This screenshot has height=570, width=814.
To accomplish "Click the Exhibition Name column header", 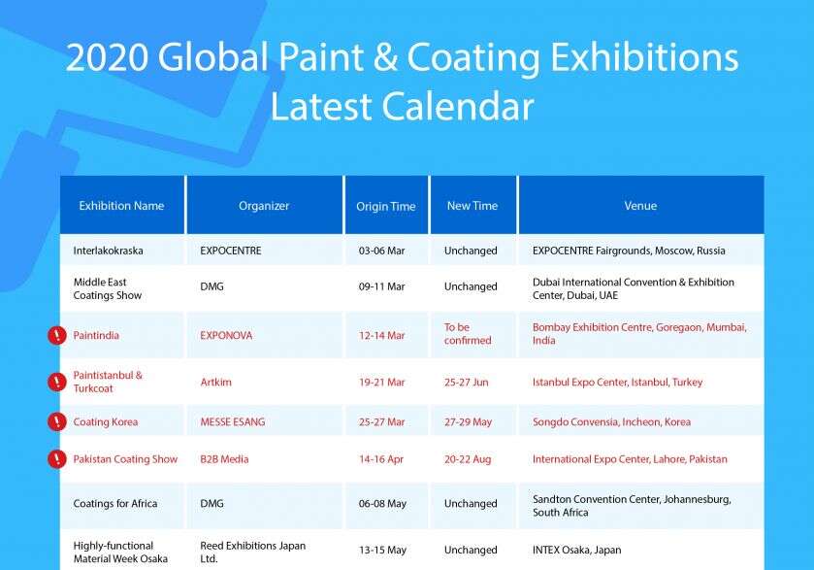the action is point(121,206).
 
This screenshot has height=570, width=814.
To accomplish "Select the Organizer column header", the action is point(264,206).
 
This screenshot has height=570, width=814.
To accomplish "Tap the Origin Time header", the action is point(386,206).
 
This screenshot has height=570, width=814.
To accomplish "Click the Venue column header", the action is point(640,206).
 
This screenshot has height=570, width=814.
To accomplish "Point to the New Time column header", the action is point(472,206).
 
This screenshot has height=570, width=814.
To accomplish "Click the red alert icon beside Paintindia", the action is point(57,335).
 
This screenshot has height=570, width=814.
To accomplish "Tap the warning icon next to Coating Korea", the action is point(57,421).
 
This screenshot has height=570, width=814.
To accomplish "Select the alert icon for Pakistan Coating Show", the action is point(57,458).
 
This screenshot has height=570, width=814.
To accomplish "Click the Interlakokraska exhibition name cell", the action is point(108,251).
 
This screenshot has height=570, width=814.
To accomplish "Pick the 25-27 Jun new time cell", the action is point(466,383).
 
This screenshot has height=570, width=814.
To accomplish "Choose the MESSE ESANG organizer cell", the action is point(233,421).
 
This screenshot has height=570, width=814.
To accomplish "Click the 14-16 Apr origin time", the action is point(381,459).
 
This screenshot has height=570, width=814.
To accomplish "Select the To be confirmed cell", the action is point(468,334).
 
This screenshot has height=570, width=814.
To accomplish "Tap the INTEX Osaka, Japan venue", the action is point(576,550).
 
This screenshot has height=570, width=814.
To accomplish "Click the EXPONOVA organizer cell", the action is point(226,336).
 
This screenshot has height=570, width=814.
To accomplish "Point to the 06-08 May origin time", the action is point(382,504).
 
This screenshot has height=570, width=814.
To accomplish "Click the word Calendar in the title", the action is point(458,107).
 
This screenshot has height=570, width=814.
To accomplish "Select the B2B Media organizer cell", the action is point(224,459).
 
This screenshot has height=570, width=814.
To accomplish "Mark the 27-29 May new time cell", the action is point(468,421).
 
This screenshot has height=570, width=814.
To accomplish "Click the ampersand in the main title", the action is point(385,56).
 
